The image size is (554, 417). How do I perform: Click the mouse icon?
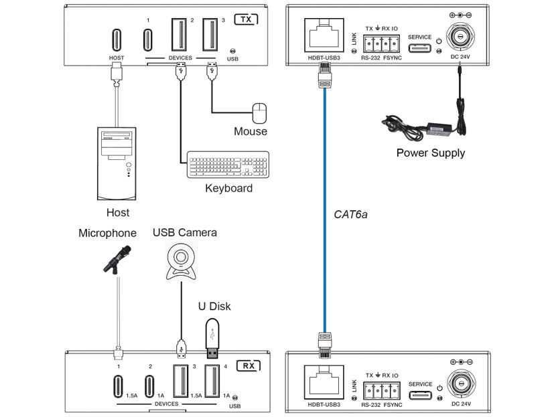[259, 112]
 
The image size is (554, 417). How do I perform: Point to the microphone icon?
[117, 258]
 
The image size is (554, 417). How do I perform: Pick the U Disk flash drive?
[212, 337]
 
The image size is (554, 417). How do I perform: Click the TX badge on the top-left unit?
[245, 19]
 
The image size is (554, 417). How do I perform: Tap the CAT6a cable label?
[351, 215]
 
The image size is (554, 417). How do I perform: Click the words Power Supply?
[430, 153]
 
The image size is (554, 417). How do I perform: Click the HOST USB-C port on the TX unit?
[117, 39]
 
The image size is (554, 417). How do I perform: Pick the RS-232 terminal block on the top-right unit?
[380, 44]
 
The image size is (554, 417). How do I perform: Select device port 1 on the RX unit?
[119, 386]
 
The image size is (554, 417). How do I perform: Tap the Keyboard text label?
[228, 188]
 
